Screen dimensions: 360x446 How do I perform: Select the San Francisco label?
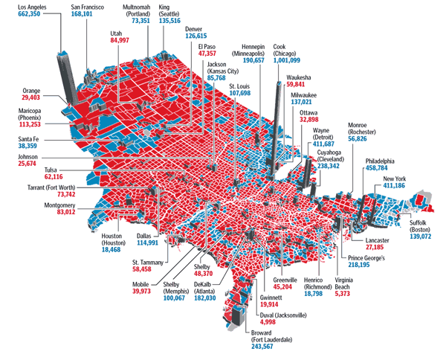(92, 6)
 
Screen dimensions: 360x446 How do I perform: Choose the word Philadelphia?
(380, 161)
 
